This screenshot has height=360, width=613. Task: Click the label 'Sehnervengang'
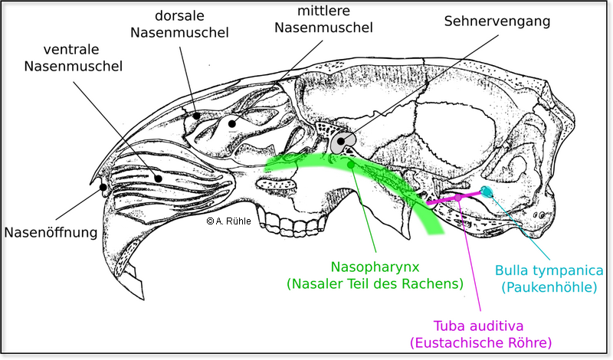point(497,21)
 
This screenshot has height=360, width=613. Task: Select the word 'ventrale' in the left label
point(74,49)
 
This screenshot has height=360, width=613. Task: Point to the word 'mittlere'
point(326,11)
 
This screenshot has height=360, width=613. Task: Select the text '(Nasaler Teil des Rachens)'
point(375,283)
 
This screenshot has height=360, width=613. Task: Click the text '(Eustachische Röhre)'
point(480,341)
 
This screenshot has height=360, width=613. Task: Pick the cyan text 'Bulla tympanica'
point(553,270)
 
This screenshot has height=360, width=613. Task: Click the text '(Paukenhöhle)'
point(549,288)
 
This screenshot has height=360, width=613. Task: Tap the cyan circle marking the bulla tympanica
point(488,191)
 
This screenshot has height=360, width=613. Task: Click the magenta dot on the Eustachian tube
point(458,198)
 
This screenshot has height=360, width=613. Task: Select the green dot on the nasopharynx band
point(350,164)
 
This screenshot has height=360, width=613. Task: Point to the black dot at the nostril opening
point(102,186)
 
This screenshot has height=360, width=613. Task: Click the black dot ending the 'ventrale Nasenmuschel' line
point(159,178)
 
